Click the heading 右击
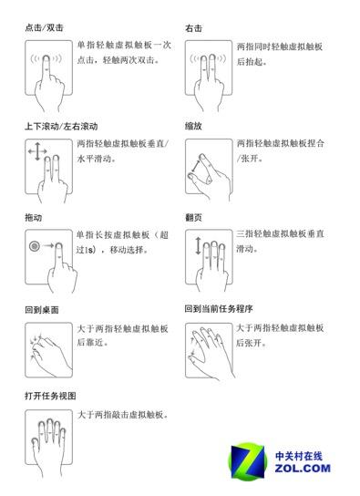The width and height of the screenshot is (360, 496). (x=193, y=28)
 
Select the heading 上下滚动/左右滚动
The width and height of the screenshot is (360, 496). (x=61, y=125)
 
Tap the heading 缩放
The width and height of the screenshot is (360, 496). (x=193, y=125)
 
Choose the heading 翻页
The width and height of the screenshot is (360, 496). (x=193, y=217)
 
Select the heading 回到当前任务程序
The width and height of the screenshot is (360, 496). (x=218, y=308)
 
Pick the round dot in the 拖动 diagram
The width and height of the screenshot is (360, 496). (x=35, y=247)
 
